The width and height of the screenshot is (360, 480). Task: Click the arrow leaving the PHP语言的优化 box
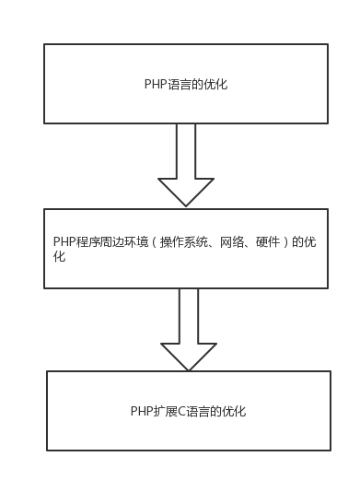pyautogui.click(x=186, y=166)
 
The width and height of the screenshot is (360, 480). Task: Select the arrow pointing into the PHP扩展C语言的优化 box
pyautogui.click(x=188, y=330)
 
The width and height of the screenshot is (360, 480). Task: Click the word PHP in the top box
pyautogui.click(x=155, y=85)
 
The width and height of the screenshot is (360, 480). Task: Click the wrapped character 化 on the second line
pyautogui.click(x=59, y=258)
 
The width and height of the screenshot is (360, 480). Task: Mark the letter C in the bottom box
pyautogui.click(x=180, y=412)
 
